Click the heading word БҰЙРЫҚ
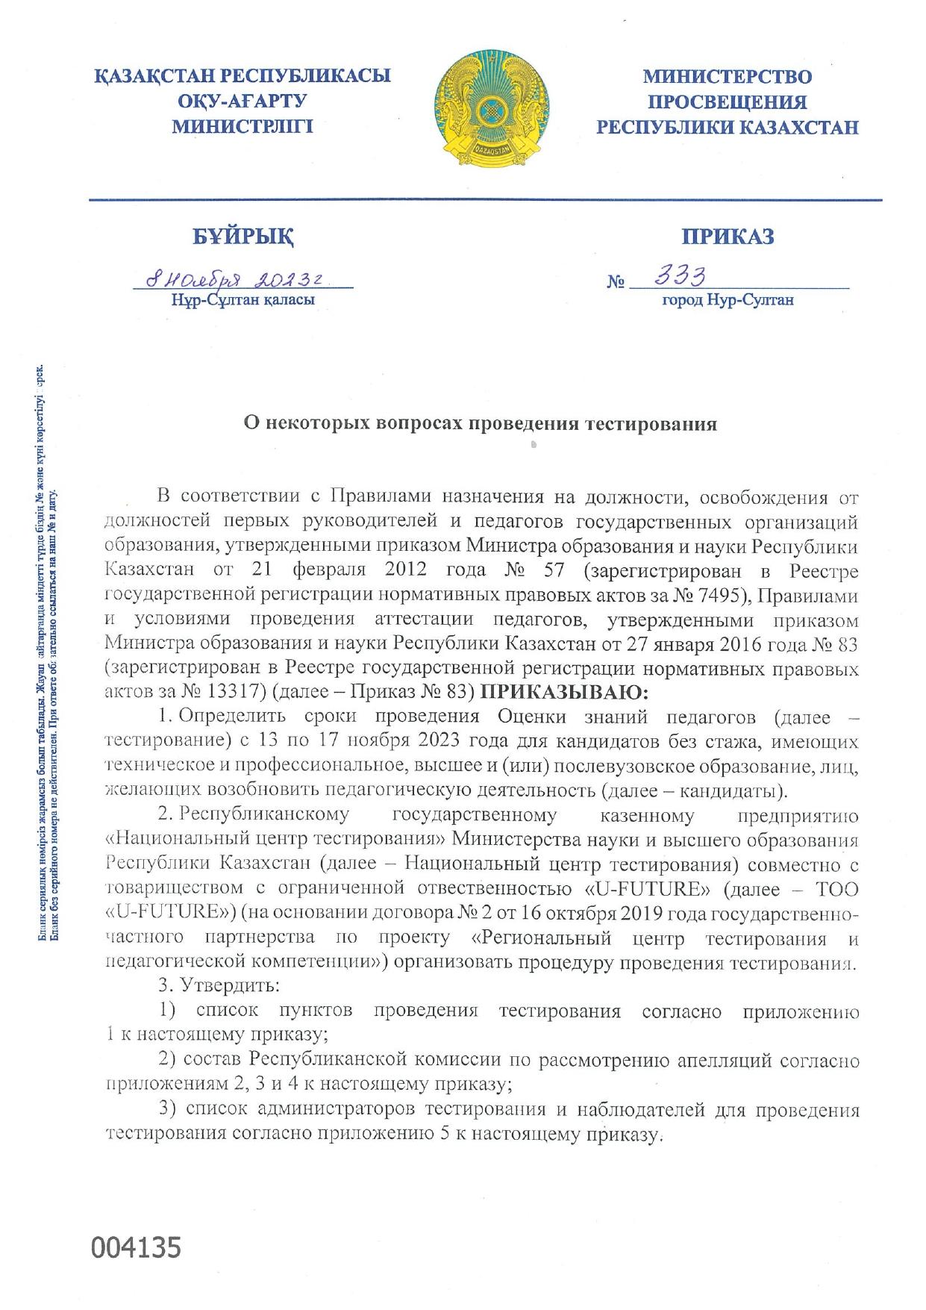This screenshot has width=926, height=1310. point(243,237)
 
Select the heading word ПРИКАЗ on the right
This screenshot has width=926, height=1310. point(727,237)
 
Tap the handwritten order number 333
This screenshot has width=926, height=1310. point(680,277)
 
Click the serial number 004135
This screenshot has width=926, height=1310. point(136,1247)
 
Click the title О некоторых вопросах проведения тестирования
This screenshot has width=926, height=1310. point(481,424)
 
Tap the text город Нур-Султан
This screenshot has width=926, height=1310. point(727,300)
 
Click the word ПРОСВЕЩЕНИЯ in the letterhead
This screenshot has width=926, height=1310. point(727,102)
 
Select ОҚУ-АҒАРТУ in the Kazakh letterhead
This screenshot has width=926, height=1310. point(243,102)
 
